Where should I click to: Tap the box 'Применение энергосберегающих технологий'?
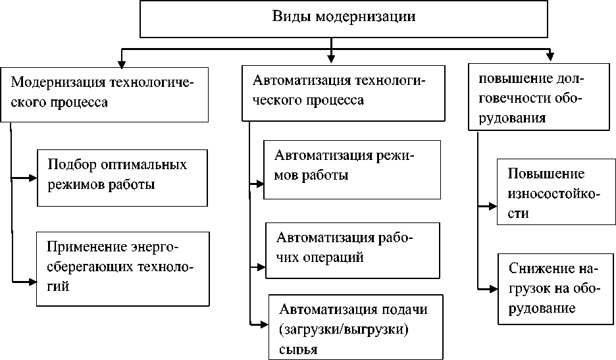coord(122,267)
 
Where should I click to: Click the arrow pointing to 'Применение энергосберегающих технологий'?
coord(26,282)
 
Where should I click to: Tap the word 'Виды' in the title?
coord(288,16)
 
